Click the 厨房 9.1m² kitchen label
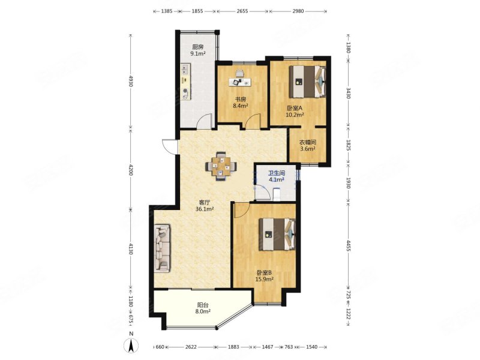point(197,50)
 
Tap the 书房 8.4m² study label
point(241,103)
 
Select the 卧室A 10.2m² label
point(295,112)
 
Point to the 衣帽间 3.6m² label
point(307,145)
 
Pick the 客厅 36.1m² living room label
point(205,206)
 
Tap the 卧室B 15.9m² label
point(264,276)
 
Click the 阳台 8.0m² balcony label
point(203,308)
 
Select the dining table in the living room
point(221,166)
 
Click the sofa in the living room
point(162,248)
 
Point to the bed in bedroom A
point(307,81)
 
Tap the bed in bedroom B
point(277,234)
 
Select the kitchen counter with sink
point(185,82)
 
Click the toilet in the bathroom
point(277,194)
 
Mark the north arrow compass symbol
point(131,344)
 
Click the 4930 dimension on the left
point(131,81)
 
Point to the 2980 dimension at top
point(298,11)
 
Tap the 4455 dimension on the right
point(348,246)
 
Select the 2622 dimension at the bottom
point(191,347)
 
